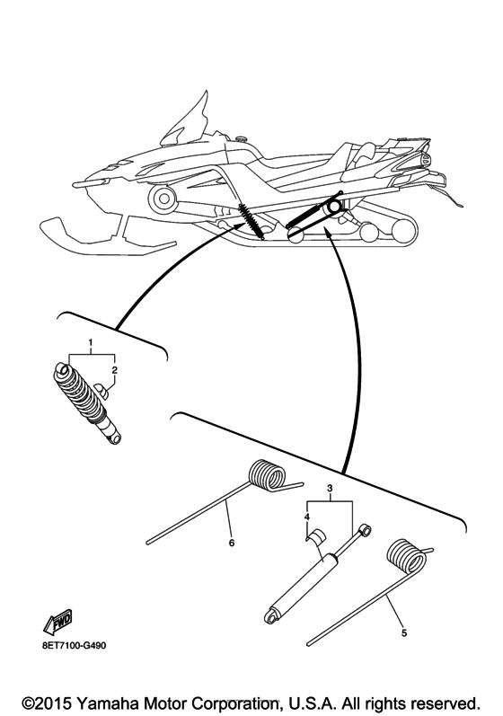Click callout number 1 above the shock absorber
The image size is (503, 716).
tap(91, 344)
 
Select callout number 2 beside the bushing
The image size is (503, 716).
tap(114, 369)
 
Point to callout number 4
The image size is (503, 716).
tap(306, 517)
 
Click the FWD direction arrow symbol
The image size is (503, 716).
tap(57, 622)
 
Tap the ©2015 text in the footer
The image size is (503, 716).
tap(50, 699)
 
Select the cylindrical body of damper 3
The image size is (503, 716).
tap(303, 588)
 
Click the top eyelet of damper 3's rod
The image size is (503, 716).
tap(366, 530)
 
